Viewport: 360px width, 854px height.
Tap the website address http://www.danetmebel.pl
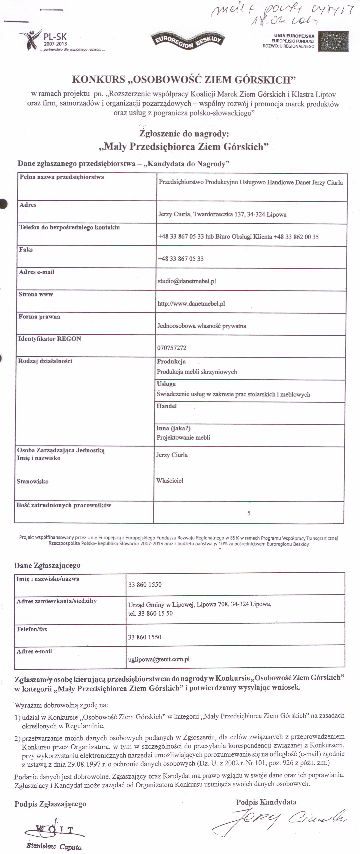click(x=191, y=303)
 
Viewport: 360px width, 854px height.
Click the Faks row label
click(x=26, y=250)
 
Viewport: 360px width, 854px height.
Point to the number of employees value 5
click(x=249, y=513)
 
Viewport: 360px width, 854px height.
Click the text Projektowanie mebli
click(x=183, y=438)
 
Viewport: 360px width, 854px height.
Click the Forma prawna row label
click(x=39, y=317)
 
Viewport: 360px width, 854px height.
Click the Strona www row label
click(x=36, y=294)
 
